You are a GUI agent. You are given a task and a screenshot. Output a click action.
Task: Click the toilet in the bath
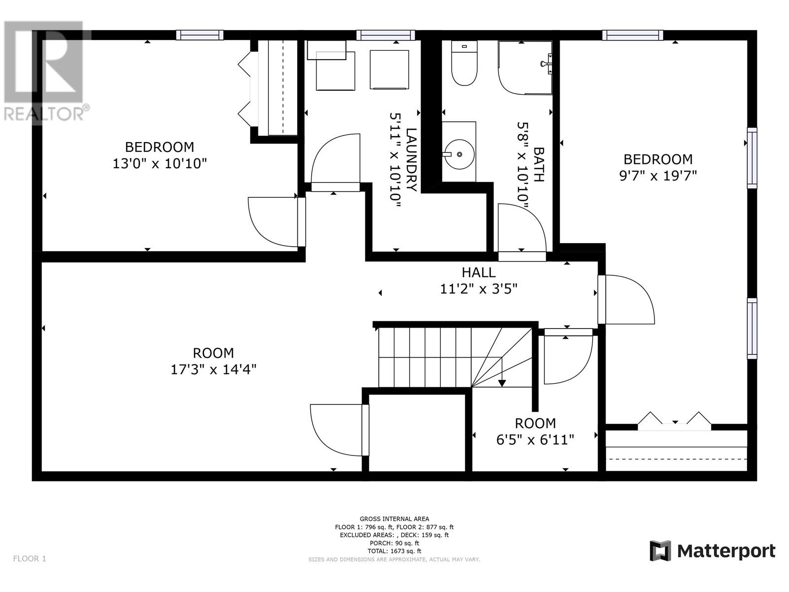[464, 63]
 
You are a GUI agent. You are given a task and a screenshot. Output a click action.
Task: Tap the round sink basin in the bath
[459, 154]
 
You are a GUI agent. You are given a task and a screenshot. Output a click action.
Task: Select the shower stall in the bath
[525, 68]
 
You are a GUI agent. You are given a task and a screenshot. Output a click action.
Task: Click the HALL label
[478, 272]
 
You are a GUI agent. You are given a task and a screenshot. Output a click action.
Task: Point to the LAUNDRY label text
[412, 159]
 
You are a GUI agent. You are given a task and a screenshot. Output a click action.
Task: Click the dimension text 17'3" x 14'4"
[214, 370]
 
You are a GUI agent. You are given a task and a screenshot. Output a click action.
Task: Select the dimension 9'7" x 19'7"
[658, 176]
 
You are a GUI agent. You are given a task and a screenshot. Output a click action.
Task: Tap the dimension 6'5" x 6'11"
[535, 440]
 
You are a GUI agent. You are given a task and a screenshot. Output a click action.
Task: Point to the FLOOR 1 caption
[30, 558]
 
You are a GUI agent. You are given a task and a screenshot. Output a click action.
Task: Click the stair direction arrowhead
[502, 383]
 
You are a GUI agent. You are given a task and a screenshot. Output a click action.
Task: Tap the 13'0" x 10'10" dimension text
[160, 164]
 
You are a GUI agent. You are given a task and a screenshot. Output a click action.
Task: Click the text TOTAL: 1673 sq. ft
[394, 551]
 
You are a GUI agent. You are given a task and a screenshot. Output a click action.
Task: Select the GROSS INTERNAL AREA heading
[394, 518]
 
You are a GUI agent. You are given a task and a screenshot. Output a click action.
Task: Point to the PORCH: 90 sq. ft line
[394, 543]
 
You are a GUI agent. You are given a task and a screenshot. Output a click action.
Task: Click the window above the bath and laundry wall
[386, 35]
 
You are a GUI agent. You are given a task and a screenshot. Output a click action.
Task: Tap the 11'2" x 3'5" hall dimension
[478, 289]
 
